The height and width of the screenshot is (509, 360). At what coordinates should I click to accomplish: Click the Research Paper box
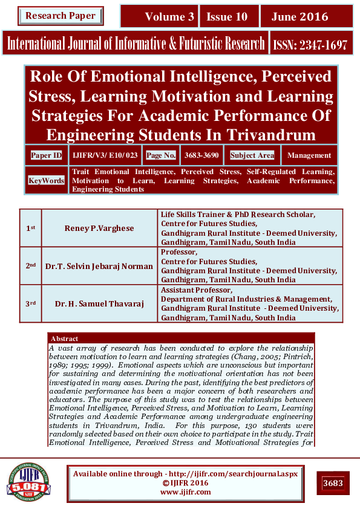pos(60,15)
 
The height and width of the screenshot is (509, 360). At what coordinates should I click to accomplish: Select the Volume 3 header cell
pos(161,16)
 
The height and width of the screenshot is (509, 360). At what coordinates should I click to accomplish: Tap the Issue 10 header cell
pos(229,16)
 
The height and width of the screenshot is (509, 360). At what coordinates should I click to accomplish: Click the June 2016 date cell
pos(306,16)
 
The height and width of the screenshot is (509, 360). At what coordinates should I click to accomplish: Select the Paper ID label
pos(46,155)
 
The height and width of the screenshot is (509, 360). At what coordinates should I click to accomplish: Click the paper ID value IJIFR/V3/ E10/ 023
pos(105,155)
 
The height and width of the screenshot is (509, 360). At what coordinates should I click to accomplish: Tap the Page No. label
pos(161,155)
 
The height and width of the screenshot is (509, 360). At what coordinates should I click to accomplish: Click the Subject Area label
pos(252,155)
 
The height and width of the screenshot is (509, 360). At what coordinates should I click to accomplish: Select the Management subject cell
pos(309,155)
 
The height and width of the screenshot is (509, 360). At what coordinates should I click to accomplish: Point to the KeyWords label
pos(47,180)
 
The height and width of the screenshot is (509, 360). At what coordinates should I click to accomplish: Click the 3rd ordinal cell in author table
pos(30,303)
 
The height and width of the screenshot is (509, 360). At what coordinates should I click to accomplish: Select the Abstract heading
pos(64,339)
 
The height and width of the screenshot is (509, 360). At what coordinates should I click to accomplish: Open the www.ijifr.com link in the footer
pos(185,492)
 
